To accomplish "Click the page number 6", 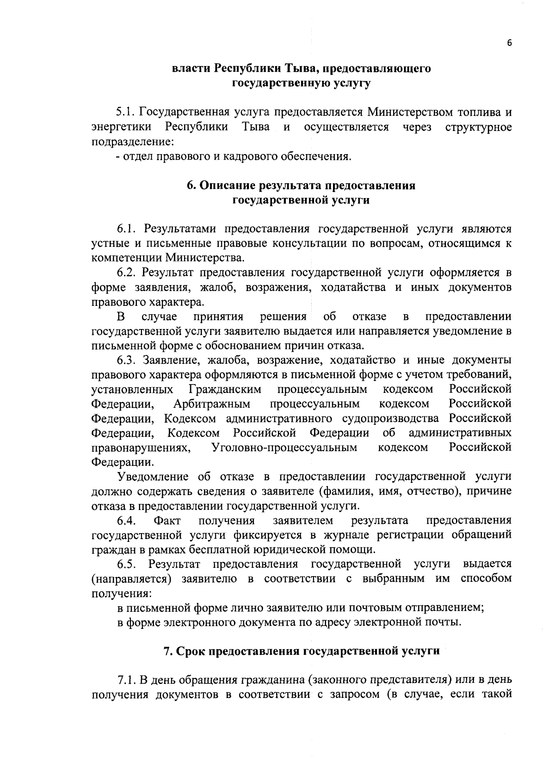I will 509,43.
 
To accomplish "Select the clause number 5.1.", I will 125,112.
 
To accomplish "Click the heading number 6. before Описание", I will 191,186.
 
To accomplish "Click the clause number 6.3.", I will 126,360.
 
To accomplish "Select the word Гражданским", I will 225,389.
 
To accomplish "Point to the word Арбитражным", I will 212,404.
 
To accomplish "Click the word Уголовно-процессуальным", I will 284,447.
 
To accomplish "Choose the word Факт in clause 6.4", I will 167,521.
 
